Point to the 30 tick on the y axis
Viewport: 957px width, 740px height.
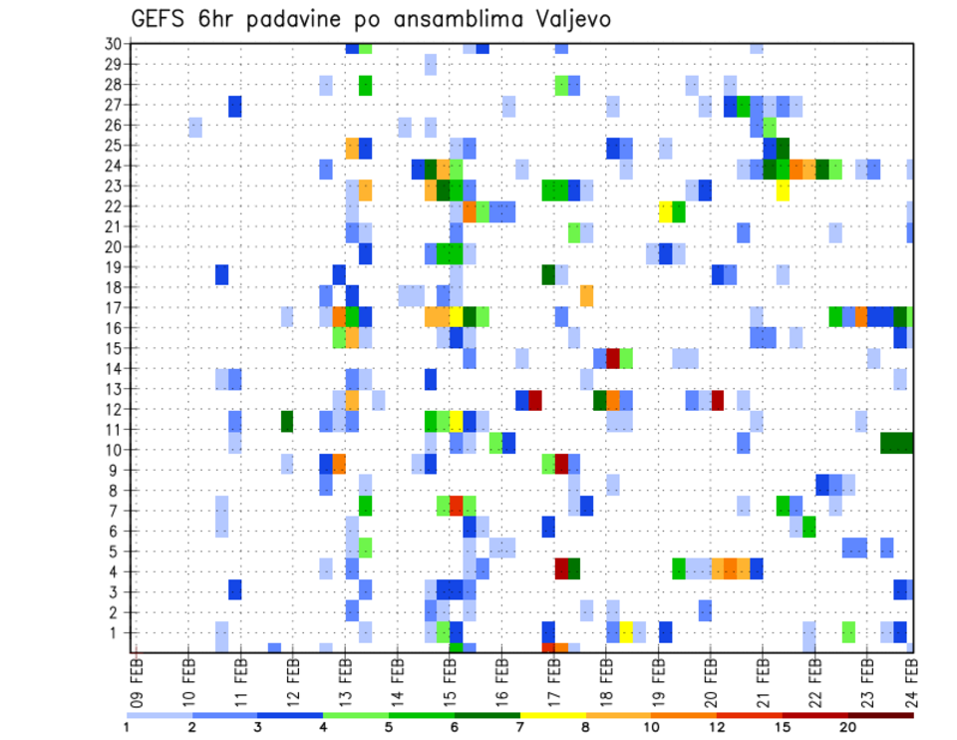pos(113,44)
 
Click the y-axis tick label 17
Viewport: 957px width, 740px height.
pos(113,307)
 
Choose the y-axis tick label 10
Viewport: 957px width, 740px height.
pos(113,449)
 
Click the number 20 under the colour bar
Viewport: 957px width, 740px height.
pos(847,726)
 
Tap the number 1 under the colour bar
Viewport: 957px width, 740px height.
pos(127,726)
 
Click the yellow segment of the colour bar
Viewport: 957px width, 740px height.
pos(552,714)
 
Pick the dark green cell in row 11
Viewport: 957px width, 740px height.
pos(287,422)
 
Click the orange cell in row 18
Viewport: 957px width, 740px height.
pos(586,296)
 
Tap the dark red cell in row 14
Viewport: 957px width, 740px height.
pos(613,358)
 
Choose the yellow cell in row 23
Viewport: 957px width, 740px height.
pos(783,189)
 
